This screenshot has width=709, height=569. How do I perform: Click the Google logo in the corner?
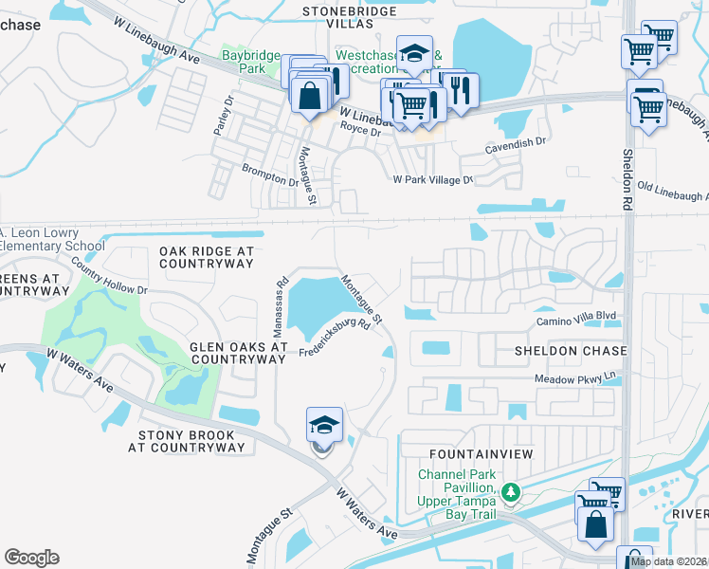coord(31,558)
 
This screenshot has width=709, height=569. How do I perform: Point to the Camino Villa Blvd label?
coord(577,322)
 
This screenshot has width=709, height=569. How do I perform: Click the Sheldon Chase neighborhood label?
coord(571,351)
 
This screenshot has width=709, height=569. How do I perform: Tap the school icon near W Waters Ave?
coord(324,426)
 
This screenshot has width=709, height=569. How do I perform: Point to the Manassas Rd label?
coord(280,307)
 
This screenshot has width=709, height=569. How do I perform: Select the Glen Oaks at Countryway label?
coord(238,354)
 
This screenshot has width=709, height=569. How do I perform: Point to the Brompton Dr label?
coord(270,173)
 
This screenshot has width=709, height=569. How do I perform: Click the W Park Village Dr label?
coord(432,179)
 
